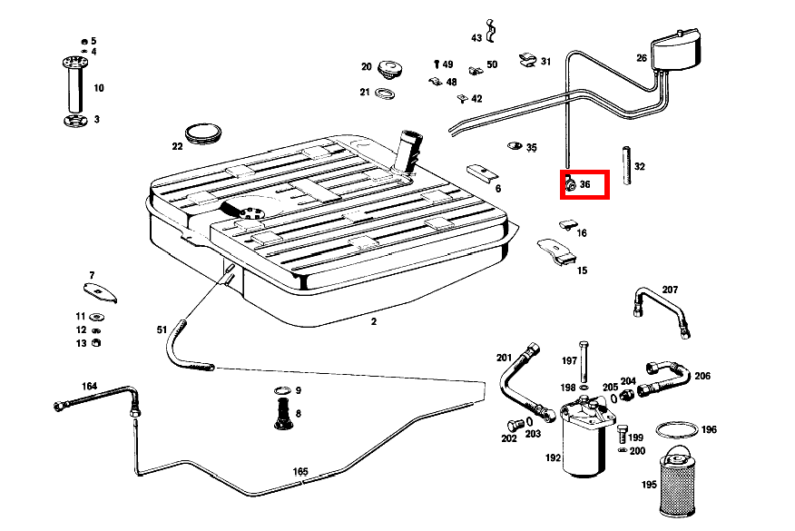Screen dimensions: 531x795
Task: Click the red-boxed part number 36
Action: [584, 184]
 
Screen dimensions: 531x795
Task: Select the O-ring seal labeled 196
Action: [676, 428]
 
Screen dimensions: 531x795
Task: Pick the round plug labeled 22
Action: [203, 133]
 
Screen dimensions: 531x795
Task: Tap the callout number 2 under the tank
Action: [373, 321]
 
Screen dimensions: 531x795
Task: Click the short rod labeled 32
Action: [625, 165]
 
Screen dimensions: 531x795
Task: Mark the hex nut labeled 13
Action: [97, 343]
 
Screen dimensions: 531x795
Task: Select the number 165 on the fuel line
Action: [300, 472]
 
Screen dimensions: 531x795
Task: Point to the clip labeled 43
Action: [491, 32]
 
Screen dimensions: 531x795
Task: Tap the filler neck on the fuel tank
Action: [409, 151]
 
